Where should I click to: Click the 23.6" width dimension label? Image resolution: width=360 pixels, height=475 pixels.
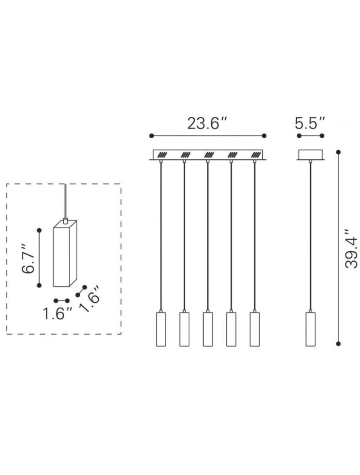click(x=207, y=123)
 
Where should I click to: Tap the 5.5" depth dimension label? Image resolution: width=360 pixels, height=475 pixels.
click(x=310, y=123)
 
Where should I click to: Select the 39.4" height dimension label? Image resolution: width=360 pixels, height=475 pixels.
click(x=351, y=248)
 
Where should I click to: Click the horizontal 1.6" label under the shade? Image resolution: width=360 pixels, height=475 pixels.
click(x=57, y=313)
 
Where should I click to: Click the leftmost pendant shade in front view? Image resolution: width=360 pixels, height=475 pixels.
click(x=160, y=329)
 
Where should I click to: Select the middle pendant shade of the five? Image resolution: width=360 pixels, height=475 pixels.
click(x=207, y=329)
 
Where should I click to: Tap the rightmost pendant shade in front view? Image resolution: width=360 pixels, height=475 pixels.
click(x=254, y=329)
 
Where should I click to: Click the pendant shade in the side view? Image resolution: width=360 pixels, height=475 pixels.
click(x=310, y=329)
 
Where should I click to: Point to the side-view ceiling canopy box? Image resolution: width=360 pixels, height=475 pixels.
click(x=310, y=155)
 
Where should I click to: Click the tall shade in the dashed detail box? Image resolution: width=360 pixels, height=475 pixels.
click(x=65, y=254)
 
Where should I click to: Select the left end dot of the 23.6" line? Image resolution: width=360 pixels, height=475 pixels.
click(x=151, y=136)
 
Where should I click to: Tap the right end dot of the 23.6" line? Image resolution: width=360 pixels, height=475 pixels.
click(x=264, y=136)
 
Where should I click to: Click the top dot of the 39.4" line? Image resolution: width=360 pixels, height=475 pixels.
click(x=338, y=152)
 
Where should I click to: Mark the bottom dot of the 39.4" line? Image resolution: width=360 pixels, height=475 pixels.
click(x=338, y=343)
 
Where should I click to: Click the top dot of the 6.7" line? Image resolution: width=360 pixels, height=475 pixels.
click(x=39, y=229)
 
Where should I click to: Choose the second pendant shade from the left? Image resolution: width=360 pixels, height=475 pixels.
click(x=184, y=329)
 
